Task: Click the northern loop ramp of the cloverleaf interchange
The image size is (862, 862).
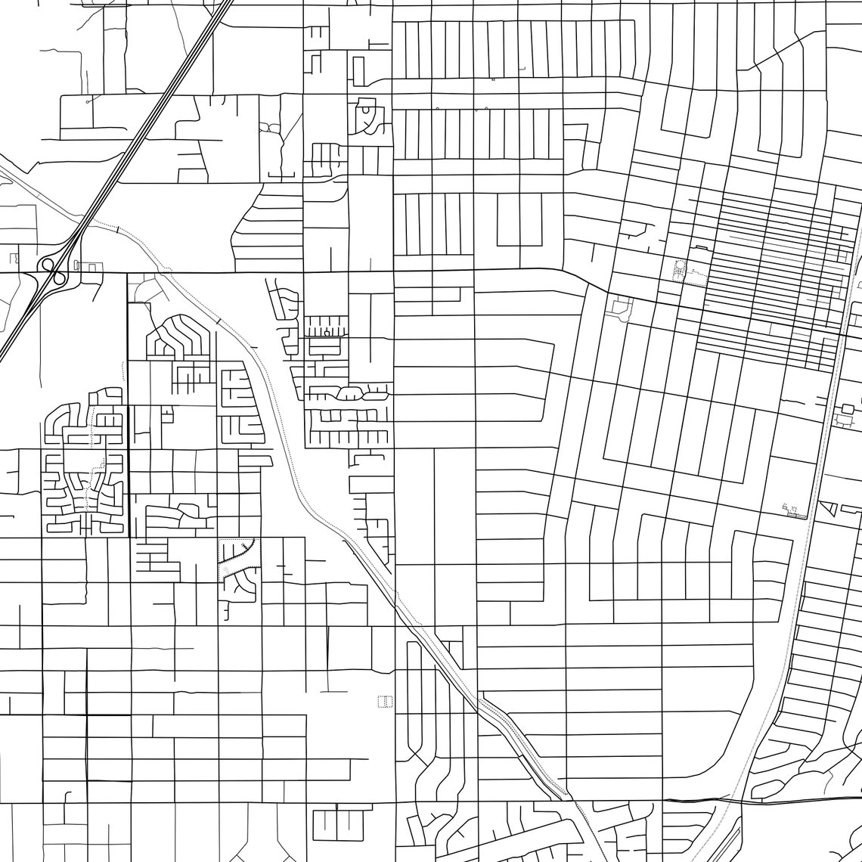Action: coord(48,265)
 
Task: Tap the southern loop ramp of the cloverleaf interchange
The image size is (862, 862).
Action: coord(57,278)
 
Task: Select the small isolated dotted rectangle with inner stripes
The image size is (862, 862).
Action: coord(386,702)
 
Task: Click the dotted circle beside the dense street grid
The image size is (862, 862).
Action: coord(678,268)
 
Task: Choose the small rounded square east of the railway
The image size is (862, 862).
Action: coord(847,409)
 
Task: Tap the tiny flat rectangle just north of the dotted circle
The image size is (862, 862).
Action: coord(699,248)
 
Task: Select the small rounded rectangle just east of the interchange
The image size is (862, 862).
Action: coord(91,267)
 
